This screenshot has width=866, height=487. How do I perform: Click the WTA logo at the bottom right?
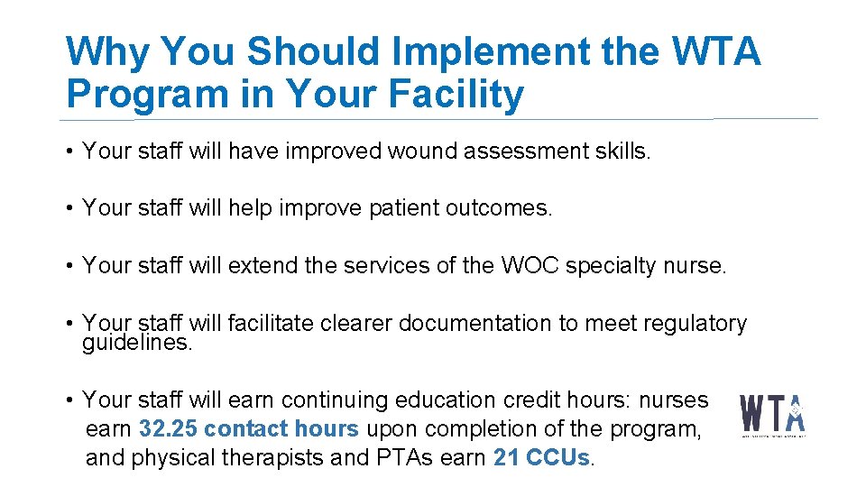point(773,416)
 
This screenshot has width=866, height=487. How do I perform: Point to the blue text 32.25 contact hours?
point(249,428)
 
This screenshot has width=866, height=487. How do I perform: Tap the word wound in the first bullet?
point(423,152)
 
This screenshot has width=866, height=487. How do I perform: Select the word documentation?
point(475,323)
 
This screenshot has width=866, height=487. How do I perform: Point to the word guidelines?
point(137,343)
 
